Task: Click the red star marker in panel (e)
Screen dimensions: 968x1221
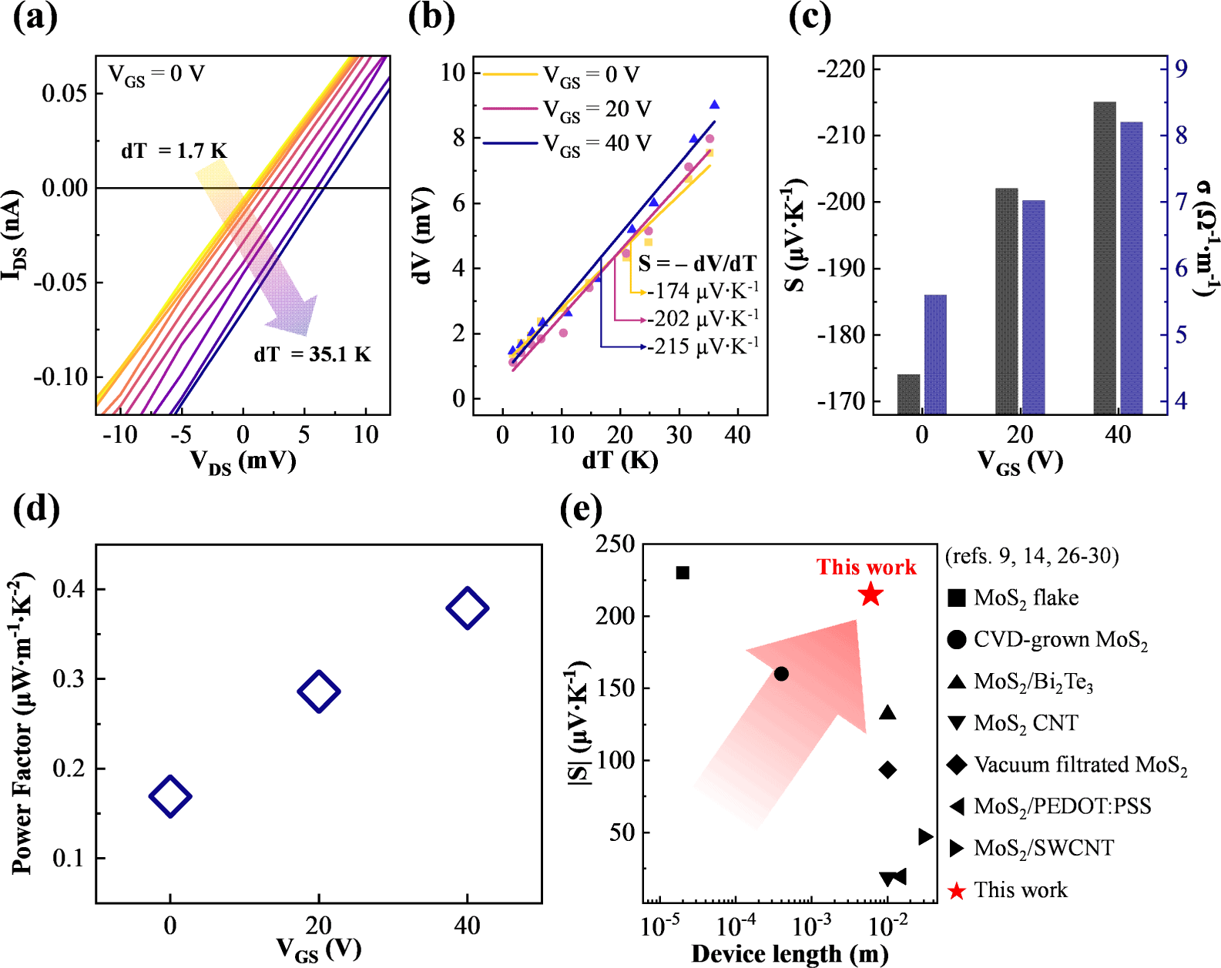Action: pos(870,595)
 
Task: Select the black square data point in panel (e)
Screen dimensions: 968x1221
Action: pos(682,573)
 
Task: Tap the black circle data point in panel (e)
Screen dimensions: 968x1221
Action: pos(781,674)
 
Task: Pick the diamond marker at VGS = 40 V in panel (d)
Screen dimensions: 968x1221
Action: pos(467,608)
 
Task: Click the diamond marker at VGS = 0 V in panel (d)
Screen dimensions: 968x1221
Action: pos(169,796)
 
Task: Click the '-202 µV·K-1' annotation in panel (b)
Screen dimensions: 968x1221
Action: pos(702,319)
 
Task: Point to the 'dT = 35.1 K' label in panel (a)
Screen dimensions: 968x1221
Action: pos(312,354)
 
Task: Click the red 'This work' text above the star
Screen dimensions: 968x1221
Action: pos(867,568)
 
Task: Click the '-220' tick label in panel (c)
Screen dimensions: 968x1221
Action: pos(841,69)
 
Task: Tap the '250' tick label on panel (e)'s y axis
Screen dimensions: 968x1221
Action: pos(616,544)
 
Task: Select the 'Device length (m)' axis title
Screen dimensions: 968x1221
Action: pos(790,953)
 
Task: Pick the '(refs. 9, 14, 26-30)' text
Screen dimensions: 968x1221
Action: pos(1031,556)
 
